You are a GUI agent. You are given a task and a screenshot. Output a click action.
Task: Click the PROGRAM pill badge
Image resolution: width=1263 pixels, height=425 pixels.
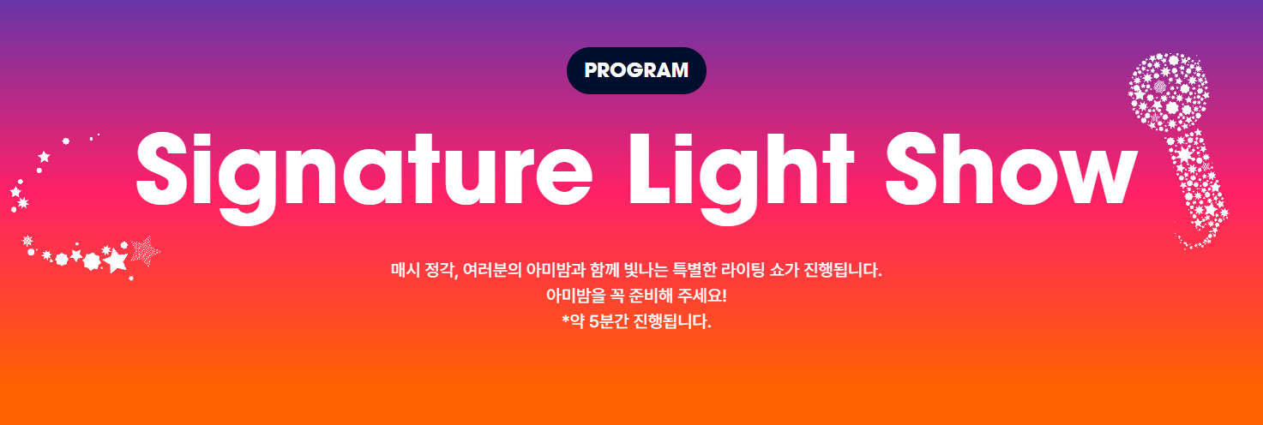click(x=636, y=70)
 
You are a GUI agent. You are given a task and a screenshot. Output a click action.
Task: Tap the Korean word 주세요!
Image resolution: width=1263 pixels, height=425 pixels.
click(x=698, y=297)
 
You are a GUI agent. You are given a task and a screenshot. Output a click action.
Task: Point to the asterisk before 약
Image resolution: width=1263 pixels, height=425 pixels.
click(x=565, y=321)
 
